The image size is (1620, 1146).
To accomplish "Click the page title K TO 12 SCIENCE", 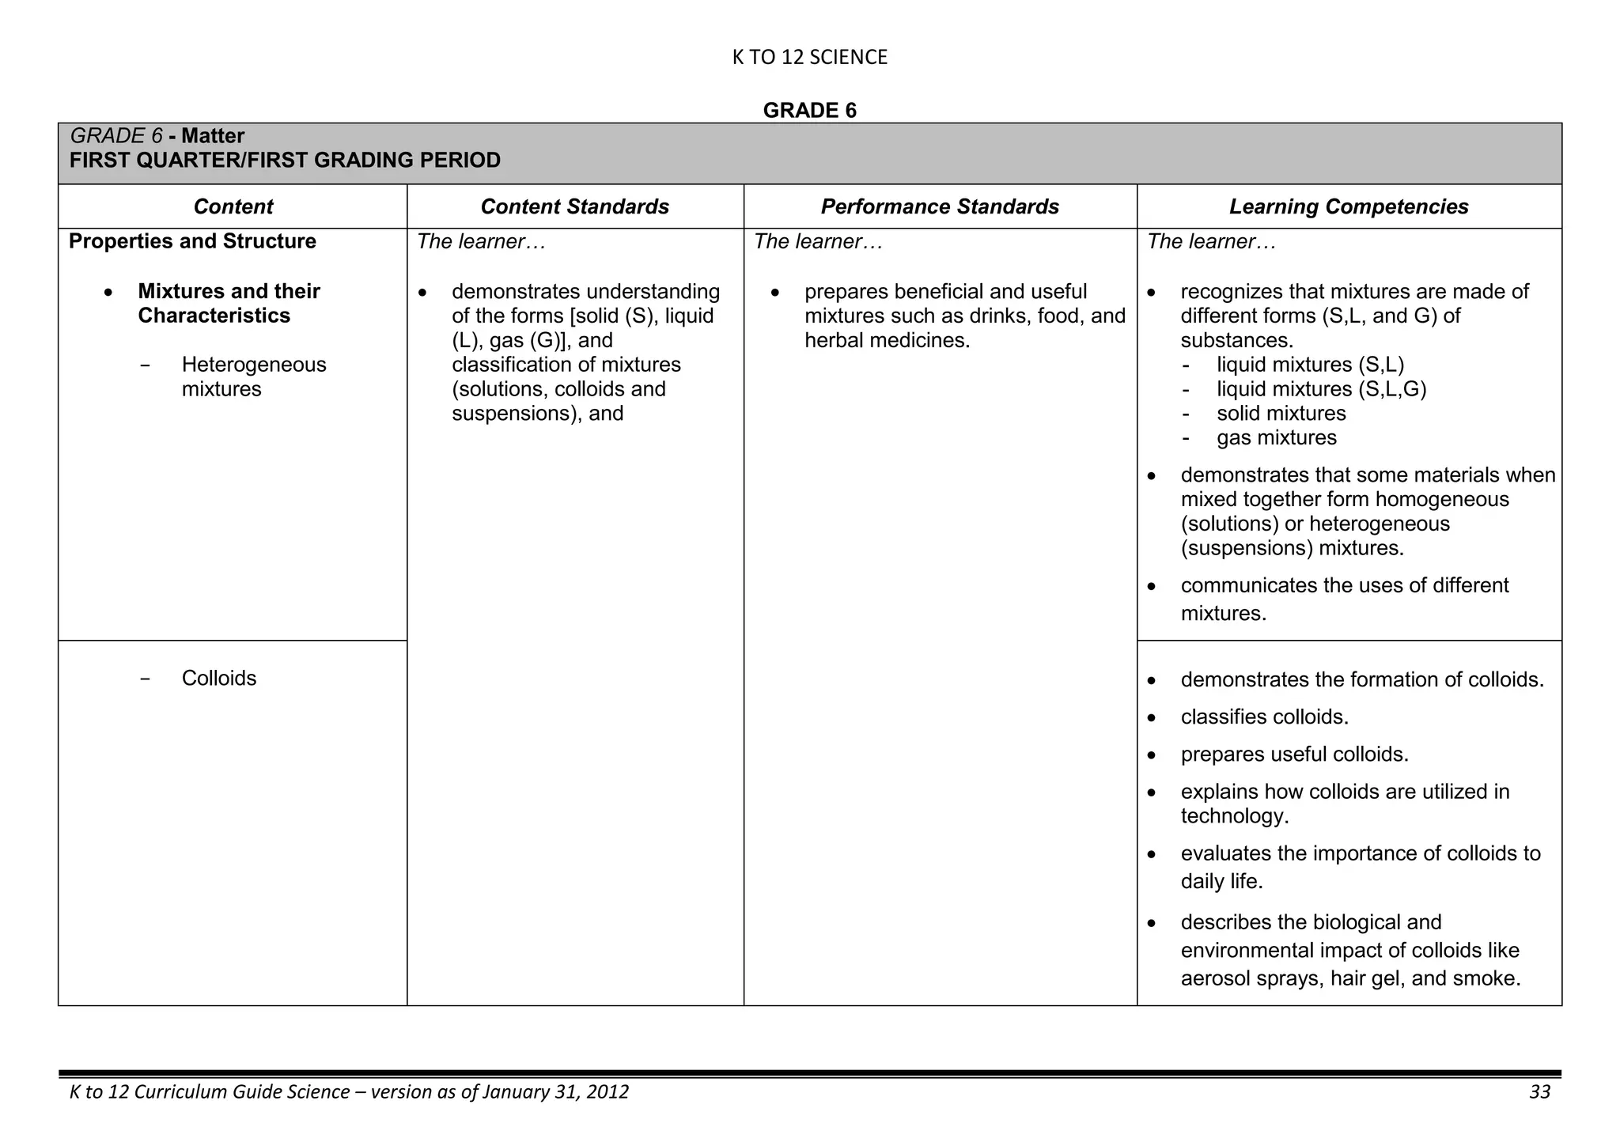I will pos(809,57).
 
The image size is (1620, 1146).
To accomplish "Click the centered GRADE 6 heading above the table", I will pos(809,110).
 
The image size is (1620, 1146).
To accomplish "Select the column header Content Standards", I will pos(574,206).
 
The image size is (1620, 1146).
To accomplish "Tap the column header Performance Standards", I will pos(939,206).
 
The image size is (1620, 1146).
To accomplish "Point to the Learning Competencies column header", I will pos(1348,206).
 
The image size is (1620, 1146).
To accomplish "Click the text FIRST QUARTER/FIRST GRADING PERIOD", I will pos(285,161).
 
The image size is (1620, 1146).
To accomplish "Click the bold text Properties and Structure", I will pos(192,241).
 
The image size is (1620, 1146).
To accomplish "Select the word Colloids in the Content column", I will pos(219,678).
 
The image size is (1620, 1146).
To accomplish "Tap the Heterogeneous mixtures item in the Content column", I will pos(253,376).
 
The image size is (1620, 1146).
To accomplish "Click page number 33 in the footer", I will pos(1539,1092).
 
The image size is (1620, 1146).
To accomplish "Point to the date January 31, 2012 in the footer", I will pos(555,1092).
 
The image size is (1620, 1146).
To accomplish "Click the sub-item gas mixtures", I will pos(1276,437).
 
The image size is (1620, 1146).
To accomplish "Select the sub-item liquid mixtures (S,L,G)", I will pos(1321,389).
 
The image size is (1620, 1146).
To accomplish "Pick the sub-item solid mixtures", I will pos(1281,414).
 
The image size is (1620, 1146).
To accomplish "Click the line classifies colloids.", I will pos(1264,717).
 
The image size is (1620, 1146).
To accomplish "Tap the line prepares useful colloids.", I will pos(1294,754).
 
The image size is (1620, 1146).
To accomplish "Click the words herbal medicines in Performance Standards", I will pos(886,340).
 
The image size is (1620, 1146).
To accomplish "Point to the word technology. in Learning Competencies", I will pos(1234,815).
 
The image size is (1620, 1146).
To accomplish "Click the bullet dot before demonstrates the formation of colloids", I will pos(1153,681).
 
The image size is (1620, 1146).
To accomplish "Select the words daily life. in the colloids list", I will pos(1221,881).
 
